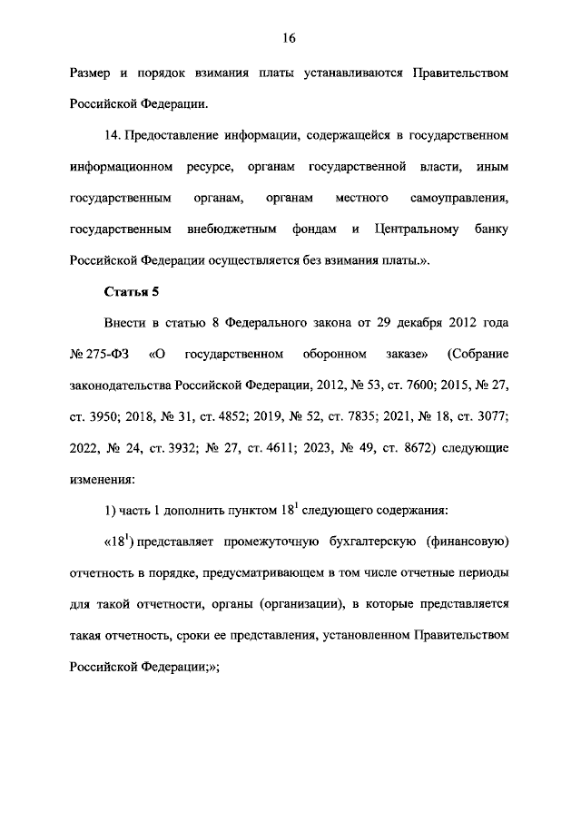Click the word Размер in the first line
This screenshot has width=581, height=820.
[92, 72]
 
